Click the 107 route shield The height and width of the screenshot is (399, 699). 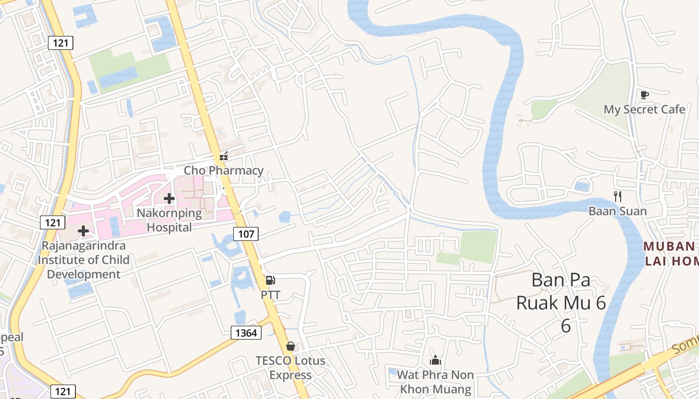[x=246, y=233]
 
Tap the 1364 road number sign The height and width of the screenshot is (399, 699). [x=246, y=332]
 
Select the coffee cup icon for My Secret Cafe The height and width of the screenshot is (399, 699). [x=644, y=95]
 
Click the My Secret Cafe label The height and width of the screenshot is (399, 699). [x=644, y=109]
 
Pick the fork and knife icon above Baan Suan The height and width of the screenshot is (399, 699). [x=618, y=197]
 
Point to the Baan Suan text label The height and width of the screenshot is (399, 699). [x=618, y=211]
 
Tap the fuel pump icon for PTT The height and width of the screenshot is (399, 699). [x=270, y=280]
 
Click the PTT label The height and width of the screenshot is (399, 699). [x=270, y=295]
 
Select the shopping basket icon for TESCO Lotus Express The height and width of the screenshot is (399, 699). [x=290, y=346]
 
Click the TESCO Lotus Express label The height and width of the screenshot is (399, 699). [x=290, y=368]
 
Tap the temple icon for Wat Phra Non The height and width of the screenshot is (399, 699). [x=435, y=360]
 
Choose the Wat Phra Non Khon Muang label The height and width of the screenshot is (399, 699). [x=435, y=382]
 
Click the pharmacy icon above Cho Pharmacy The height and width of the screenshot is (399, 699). [x=224, y=156]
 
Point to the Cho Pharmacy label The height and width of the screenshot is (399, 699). [x=224, y=170]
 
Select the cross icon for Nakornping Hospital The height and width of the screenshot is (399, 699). [x=169, y=199]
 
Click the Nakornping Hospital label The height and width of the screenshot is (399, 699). [x=169, y=220]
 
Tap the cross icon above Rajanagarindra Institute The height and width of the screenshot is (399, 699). [x=83, y=231]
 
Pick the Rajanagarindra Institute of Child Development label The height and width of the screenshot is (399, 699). [x=83, y=260]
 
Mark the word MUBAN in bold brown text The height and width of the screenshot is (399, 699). [x=669, y=246]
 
